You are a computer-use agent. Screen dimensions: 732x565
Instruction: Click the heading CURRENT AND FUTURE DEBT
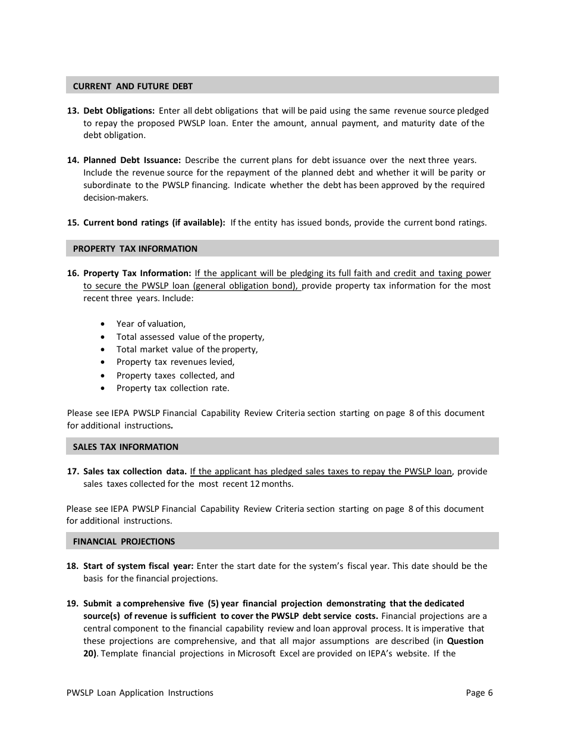click(x=133, y=86)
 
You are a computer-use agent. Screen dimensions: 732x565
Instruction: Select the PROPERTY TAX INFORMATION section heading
click(x=135, y=249)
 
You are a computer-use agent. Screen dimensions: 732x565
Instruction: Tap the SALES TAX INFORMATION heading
click(x=125, y=447)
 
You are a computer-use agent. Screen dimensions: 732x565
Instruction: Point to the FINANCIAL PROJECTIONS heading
click(x=124, y=542)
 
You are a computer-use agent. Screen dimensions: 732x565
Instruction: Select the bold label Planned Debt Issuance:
click(x=132, y=160)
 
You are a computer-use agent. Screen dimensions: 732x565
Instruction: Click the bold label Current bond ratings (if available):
click(x=154, y=223)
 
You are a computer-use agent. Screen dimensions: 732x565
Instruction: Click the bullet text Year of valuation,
click(x=151, y=324)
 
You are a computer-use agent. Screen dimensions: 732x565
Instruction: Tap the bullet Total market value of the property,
click(x=187, y=350)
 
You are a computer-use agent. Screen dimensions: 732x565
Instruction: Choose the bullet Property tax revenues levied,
click(x=175, y=362)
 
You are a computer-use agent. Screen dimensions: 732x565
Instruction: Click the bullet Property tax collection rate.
click(x=172, y=388)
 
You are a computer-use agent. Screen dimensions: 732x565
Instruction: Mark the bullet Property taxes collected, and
click(x=175, y=376)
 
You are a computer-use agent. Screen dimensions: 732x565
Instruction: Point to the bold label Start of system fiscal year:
click(x=138, y=566)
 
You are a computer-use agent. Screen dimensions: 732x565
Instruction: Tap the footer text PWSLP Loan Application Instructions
click(x=140, y=693)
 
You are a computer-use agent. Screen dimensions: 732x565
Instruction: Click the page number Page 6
click(x=479, y=693)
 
